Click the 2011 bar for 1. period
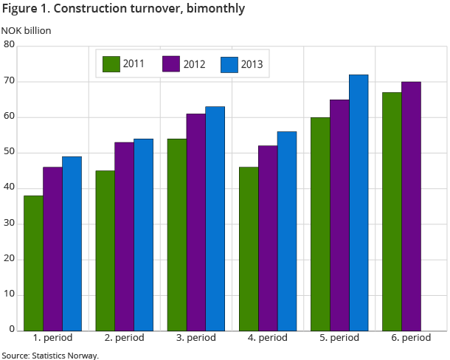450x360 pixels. [x=34, y=263]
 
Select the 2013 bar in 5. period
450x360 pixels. [x=359, y=203]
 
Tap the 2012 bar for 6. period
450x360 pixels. [x=411, y=206]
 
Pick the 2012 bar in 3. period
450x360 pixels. [x=195, y=222]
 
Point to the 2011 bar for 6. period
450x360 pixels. [x=392, y=212]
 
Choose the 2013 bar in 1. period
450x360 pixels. [x=72, y=243]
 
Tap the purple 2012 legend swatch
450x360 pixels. [x=171, y=64]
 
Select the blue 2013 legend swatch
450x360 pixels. [x=230, y=64]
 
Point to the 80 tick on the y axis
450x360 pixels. [x=10, y=45]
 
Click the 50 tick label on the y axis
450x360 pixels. [x=10, y=153]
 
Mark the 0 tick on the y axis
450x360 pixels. [x=13, y=329]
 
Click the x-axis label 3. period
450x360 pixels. [x=195, y=338]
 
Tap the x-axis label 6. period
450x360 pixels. [x=411, y=338]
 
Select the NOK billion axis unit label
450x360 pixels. [x=26, y=31]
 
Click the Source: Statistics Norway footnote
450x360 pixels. [x=49, y=355]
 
